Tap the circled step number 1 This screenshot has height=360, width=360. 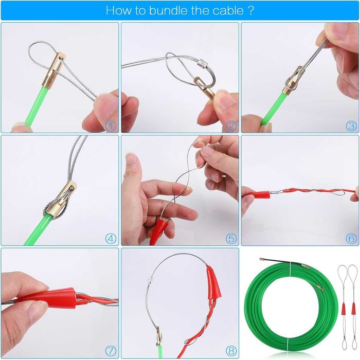coord(111,126)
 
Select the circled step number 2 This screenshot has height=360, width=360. coord(231,126)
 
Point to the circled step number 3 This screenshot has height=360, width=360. coord(351,126)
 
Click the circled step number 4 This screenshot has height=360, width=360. coord(111,239)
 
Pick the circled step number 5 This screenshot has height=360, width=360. coord(231,239)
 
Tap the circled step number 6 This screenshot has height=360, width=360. coord(351,239)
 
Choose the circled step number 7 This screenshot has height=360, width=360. coord(111,351)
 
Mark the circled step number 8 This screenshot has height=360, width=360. coord(231,351)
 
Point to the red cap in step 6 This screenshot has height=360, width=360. coord(261,195)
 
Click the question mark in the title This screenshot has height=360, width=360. coord(251,10)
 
